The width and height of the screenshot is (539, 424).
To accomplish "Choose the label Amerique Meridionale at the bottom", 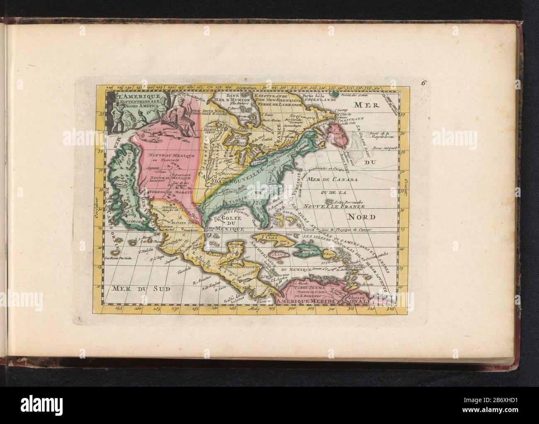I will [x=305, y=303].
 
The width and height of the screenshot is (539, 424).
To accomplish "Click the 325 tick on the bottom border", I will [x=388, y=308].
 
